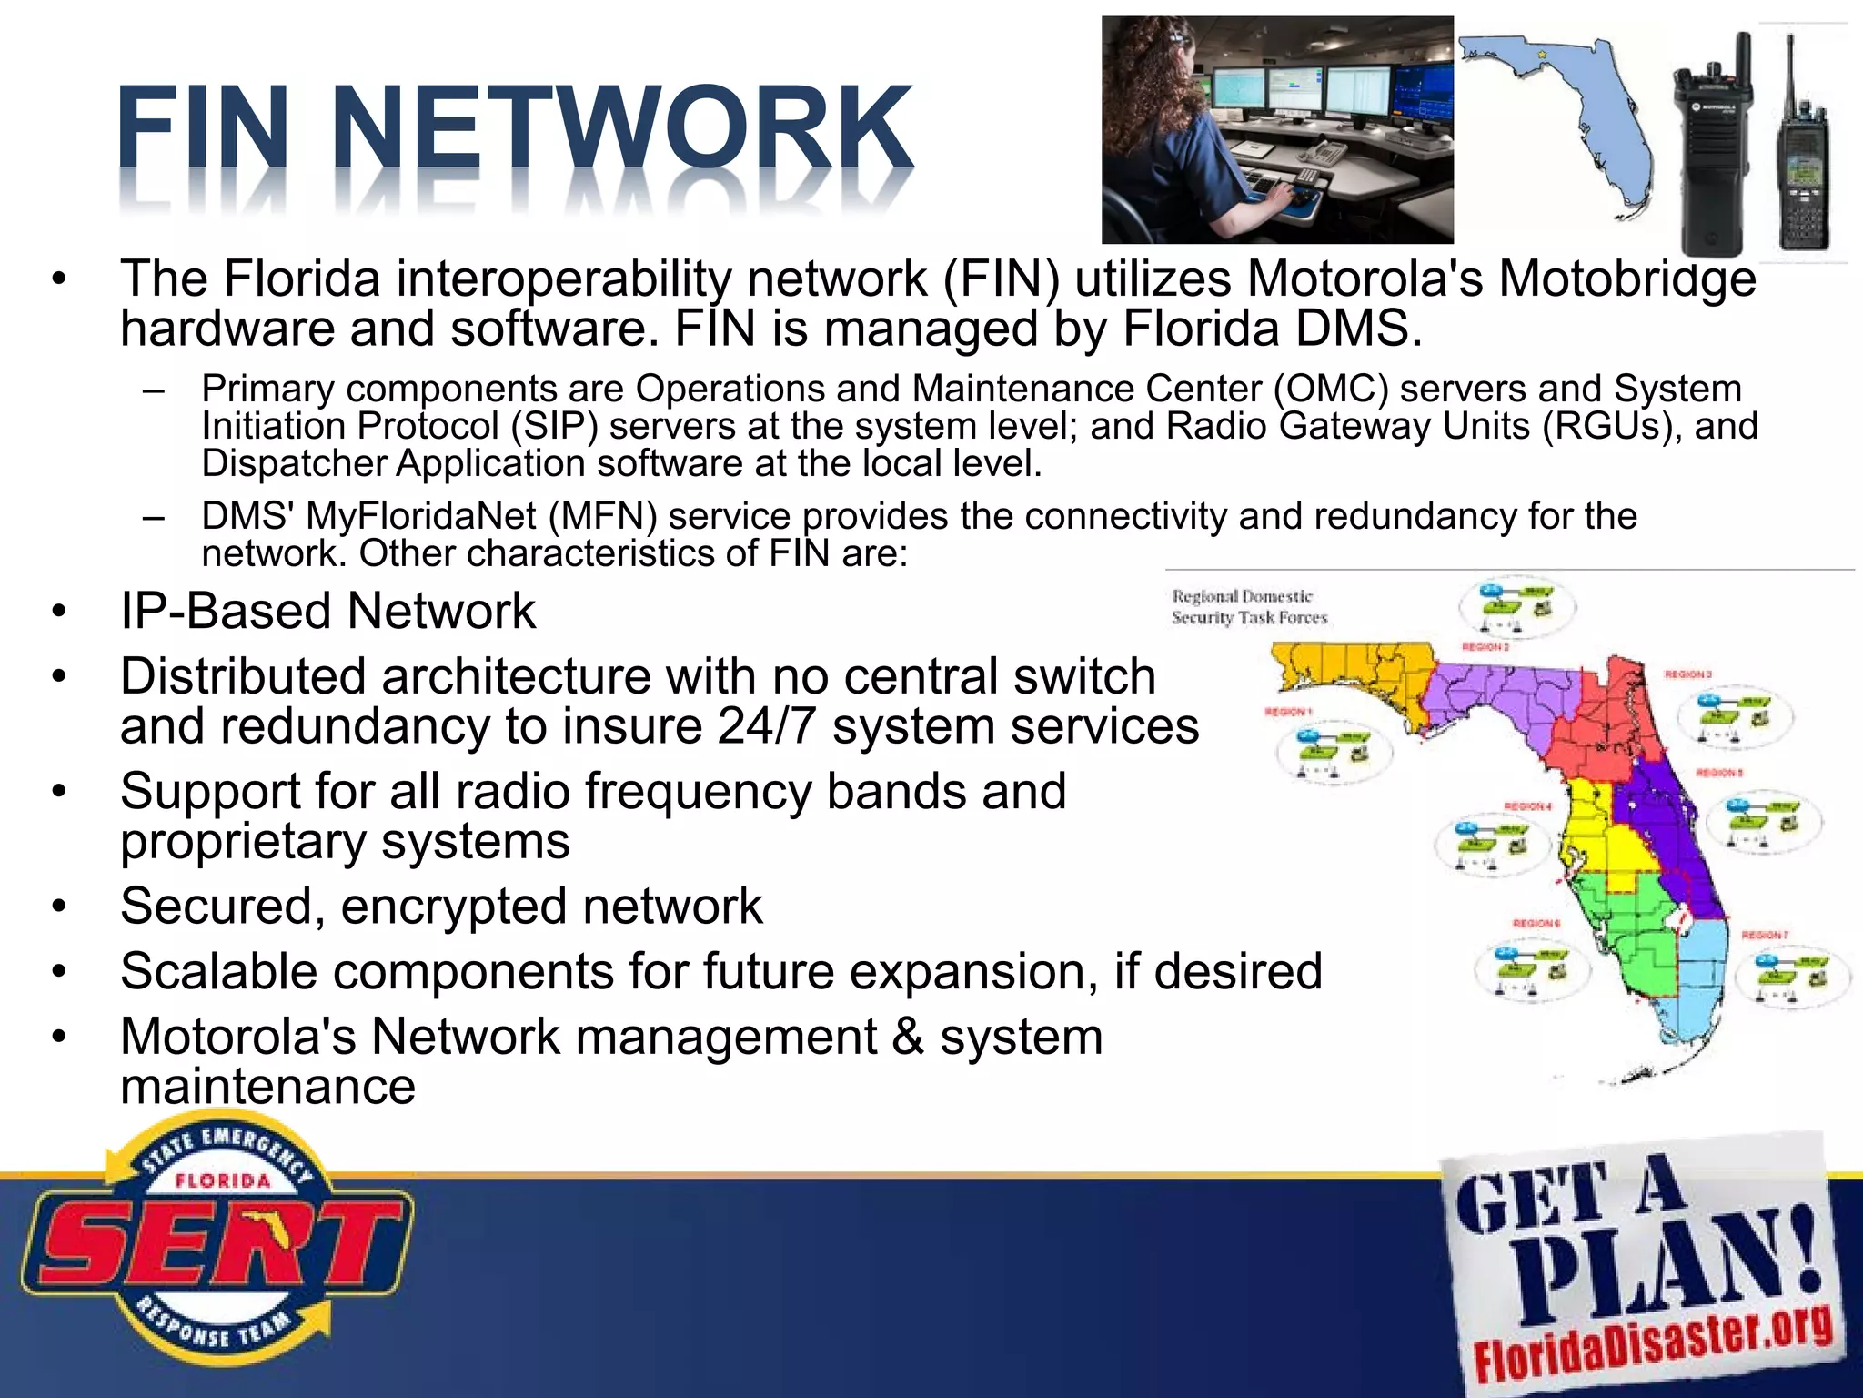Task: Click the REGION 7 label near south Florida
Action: pos(1765,935)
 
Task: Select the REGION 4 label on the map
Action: pos(1527,806)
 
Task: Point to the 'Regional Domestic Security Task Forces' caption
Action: pos(1248,607)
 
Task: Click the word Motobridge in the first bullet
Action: pos(1627,279)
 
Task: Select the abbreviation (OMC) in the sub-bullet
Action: pos(1331,389)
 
